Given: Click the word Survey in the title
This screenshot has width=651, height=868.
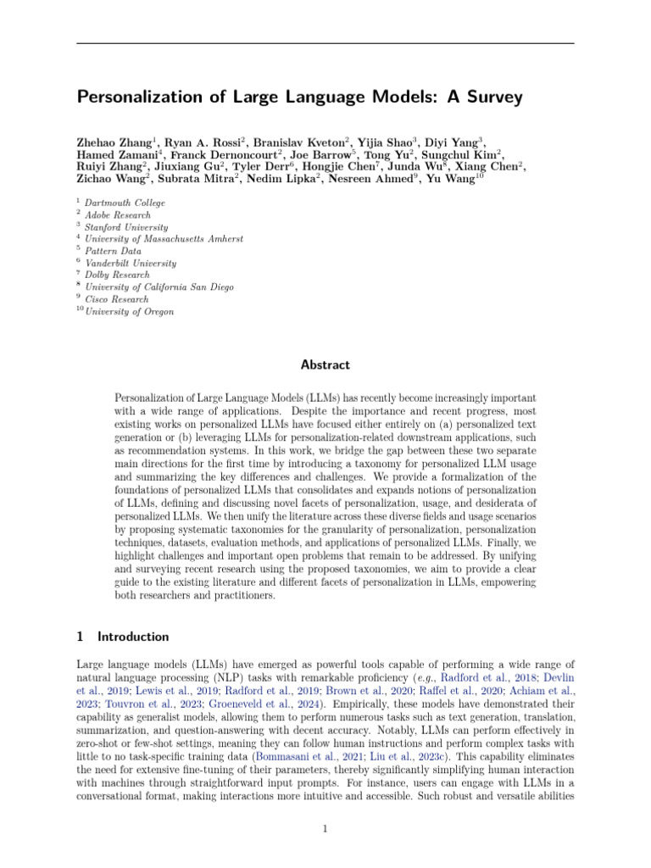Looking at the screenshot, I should (x=491, y=97).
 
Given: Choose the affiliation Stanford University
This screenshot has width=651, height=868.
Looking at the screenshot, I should (x=126, y=227).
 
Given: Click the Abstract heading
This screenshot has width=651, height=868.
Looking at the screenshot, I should (x=325, y=365).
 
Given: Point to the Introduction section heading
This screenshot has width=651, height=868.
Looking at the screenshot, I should (x=133, y=637).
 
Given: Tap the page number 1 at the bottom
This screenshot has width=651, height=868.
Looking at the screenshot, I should (x=325, y=828).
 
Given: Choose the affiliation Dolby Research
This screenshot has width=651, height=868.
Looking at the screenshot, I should (x=118, y=275).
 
